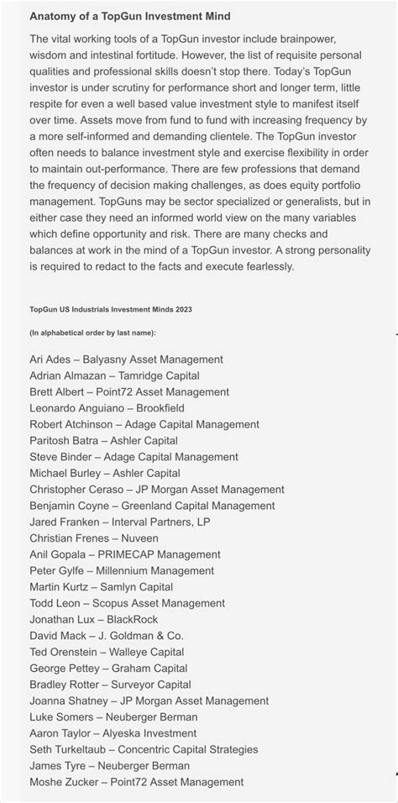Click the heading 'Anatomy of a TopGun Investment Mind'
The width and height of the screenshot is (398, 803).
tap(129, 16)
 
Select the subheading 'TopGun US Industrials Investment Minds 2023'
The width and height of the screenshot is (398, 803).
tap(110, 309)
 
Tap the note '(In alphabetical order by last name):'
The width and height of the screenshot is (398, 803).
tap(92, 333)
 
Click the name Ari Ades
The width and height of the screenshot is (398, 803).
tap(50, 360)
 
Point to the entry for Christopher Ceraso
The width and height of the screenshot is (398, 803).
tap(156, 490)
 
